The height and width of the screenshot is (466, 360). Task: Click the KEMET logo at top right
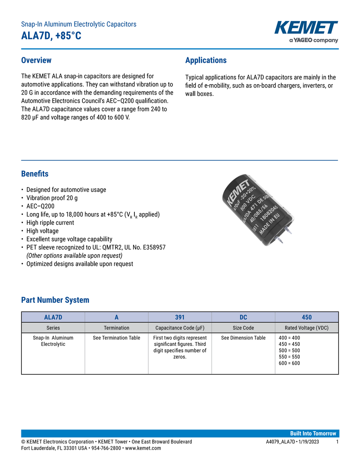point(306,28)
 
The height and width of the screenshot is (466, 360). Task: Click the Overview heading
point(36,60)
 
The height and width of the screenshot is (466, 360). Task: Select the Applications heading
point(206,60)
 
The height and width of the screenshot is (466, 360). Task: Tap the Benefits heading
point(35,174)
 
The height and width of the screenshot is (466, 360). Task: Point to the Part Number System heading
point(55,300)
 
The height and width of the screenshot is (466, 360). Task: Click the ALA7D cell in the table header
point(53,317)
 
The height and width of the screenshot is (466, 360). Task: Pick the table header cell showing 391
point(180,317)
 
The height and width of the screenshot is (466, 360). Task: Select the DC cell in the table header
point(243,317)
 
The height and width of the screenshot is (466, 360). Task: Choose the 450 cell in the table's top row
point(306,317)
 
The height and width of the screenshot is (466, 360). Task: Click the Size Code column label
point(243,328)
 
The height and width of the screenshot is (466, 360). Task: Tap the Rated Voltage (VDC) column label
point(306,328)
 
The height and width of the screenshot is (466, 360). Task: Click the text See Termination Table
point(116,338)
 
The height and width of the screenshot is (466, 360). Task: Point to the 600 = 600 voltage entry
point(289,363)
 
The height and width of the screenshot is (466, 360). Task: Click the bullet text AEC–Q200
point(40,206)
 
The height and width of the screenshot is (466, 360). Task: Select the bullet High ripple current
point(50,223)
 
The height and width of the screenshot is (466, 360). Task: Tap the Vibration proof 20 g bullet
point(52,198)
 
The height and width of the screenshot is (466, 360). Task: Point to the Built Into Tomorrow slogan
point(313,433)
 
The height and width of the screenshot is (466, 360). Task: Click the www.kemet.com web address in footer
point(143,448)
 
